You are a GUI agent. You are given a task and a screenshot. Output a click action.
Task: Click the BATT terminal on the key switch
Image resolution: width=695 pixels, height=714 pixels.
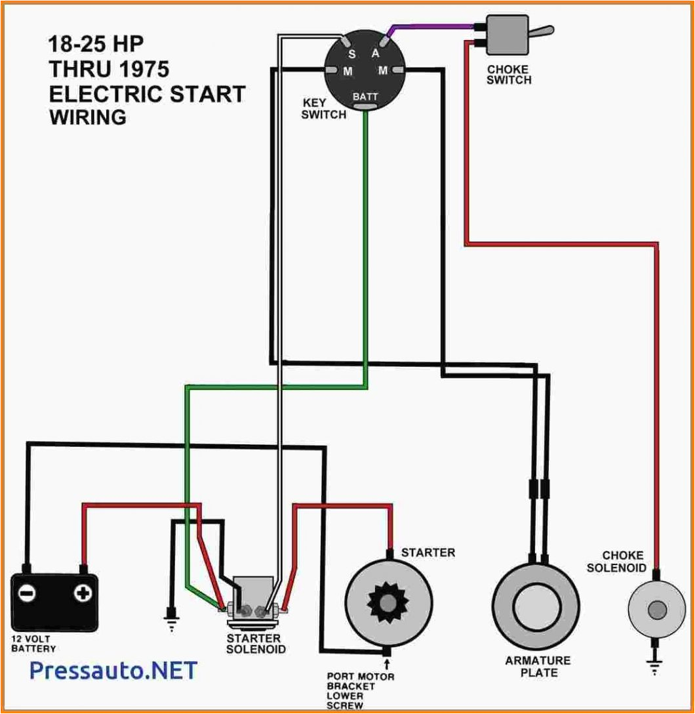[365, 97]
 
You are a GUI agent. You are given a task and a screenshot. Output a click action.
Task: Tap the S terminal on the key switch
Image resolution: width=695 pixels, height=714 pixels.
[351, 53]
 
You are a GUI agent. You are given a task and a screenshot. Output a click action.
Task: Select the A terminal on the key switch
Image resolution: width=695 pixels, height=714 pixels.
[376, 53]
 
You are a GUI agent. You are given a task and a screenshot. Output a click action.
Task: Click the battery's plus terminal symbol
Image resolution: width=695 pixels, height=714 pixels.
[83, 594]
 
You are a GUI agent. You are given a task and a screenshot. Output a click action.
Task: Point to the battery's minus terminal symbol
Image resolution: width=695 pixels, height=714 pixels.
[27, 594]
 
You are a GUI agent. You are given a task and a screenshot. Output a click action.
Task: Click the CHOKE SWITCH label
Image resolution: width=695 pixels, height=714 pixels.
[509, 75]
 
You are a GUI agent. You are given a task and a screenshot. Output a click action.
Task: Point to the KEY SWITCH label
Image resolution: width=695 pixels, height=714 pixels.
[323, 109]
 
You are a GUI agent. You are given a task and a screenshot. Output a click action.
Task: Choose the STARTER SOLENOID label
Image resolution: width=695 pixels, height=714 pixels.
[256, 644]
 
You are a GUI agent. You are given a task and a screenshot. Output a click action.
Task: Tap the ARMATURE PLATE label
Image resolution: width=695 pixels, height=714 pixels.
[538, 666]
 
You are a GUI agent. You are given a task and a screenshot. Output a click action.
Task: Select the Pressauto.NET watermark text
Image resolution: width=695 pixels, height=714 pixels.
[113, 671]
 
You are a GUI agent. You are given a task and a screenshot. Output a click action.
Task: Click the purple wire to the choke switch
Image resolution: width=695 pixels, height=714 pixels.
[433, 27]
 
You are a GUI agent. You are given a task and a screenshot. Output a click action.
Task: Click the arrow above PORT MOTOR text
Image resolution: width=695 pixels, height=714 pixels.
[386, 665]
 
